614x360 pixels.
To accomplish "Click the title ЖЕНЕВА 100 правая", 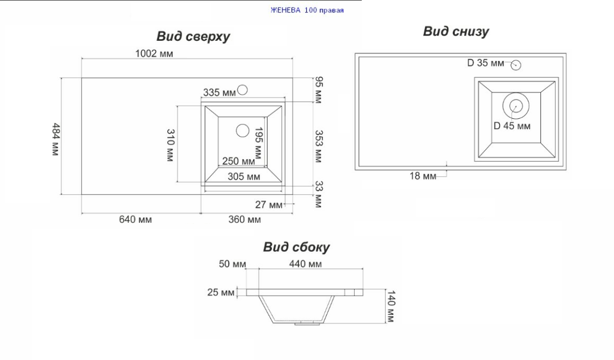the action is (x=307, y=10).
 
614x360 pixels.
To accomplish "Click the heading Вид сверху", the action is (x=193, y=36).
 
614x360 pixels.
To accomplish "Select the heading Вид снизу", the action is (x=456, y=31).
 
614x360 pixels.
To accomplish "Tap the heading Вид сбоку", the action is (x=296, y=247).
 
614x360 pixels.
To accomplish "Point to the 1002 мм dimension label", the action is (x=154, y=53).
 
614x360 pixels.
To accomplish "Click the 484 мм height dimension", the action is (x=56, y=139).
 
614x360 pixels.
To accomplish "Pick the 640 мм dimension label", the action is (x=136, y=219).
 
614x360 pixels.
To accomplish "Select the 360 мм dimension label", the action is (x=244, y=219).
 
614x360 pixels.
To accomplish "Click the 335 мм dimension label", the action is (x=219, y=93).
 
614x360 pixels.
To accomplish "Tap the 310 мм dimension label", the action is (x=171, y=145).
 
